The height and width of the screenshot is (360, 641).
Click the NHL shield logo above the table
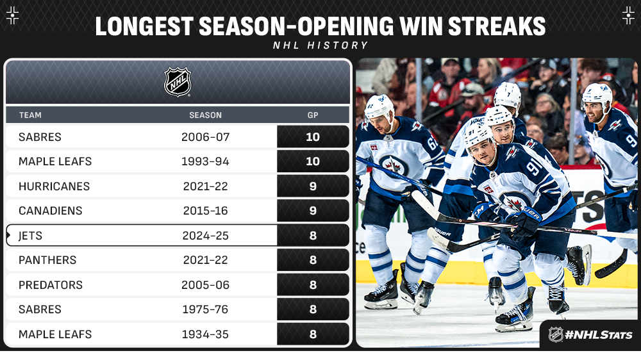(x=178, y=82)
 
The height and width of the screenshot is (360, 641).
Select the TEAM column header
(x=30, y=115)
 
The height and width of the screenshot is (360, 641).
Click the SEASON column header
(x=205, y=115)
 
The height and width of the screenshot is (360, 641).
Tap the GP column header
(x=313, y=115)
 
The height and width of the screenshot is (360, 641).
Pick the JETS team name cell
(x=30, y=236)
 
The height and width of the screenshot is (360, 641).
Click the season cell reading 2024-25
(x=205, y=236)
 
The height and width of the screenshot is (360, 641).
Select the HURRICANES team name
(x=54, y=186)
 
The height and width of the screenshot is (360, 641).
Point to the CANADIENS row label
(x=50, y=211)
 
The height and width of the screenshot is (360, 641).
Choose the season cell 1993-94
(x=205, y=161)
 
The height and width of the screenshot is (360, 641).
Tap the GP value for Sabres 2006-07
(x=313, y=137)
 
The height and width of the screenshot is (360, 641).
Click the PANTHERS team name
(x=47, y=260)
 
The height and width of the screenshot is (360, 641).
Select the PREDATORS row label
(x=50, y=285)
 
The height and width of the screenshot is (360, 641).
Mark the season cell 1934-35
(x=205, y=334)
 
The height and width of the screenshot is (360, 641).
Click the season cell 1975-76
(x=205, y=309)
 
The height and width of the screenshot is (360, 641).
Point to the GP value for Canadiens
(x=313, y=211)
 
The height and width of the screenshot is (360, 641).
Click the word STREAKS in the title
(x=497, y=26)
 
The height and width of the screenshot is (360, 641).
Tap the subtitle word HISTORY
(x=338, y=45)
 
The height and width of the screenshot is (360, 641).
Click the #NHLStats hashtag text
(x=599, y=335)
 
